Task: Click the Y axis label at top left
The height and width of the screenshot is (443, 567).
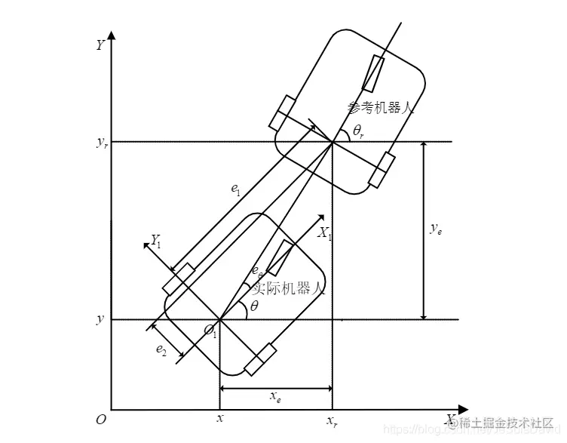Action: [x=100, y=45]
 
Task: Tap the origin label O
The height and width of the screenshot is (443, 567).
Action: [x=100, y=420]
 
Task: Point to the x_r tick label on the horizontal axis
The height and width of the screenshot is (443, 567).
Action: [x=332, y=420]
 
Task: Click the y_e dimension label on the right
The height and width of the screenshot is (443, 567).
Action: [x=436, y=230]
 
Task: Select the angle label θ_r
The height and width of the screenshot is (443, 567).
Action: [x=360, y=131]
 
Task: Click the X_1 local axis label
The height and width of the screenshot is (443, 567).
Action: [x=324, y=233]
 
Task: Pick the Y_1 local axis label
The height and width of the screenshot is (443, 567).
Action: [x=157, y=241]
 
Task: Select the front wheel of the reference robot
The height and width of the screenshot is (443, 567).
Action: [x=373, y=74]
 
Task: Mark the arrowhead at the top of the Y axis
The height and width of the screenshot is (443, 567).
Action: [x=112, y=35]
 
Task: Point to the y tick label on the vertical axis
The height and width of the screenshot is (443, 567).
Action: [x=100, y=319]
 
